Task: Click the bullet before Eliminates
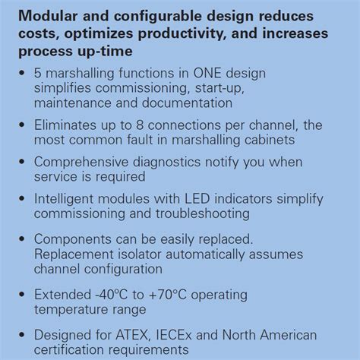[x=22, y=124]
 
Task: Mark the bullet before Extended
[x=22, y=293]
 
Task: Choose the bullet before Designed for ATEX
[x=22, y=334]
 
